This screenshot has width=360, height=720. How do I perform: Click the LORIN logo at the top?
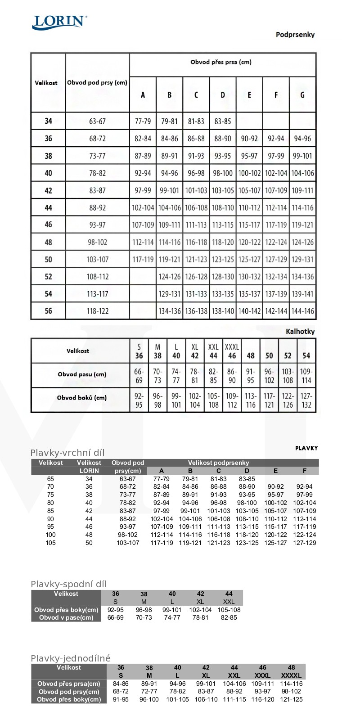click(x=59, y=22)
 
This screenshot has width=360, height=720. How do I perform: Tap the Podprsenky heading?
click(x=295, y=35)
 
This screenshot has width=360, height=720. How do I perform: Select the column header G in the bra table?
click(x=302, y=95)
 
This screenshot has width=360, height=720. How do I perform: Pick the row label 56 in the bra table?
click(x=48, y=311)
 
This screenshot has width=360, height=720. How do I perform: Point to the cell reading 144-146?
click(x=302, y=311)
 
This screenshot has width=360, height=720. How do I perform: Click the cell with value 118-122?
click(x=97, y=311)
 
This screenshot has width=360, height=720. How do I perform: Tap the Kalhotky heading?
click(x=300, y=332)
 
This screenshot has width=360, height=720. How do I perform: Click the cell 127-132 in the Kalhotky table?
click(x=306, y=400)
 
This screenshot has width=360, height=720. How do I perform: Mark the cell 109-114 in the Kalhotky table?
click(x=306, y=376)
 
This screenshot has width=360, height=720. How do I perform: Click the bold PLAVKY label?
click(x=306, y=448)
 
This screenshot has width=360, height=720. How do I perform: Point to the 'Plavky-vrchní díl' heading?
click(x=67, y=453)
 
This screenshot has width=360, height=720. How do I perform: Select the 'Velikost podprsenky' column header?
click(x=218, y=463)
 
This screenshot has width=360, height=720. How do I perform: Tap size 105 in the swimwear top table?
click(x=50, y=543)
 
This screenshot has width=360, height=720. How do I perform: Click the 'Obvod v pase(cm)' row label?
click(x=66, y=618)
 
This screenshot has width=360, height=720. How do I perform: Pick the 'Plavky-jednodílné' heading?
click(x=71, y=658)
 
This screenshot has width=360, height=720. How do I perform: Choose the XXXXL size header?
click(x=291, y=675)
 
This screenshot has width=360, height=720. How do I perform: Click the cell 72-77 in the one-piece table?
click(x=149, y=692)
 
